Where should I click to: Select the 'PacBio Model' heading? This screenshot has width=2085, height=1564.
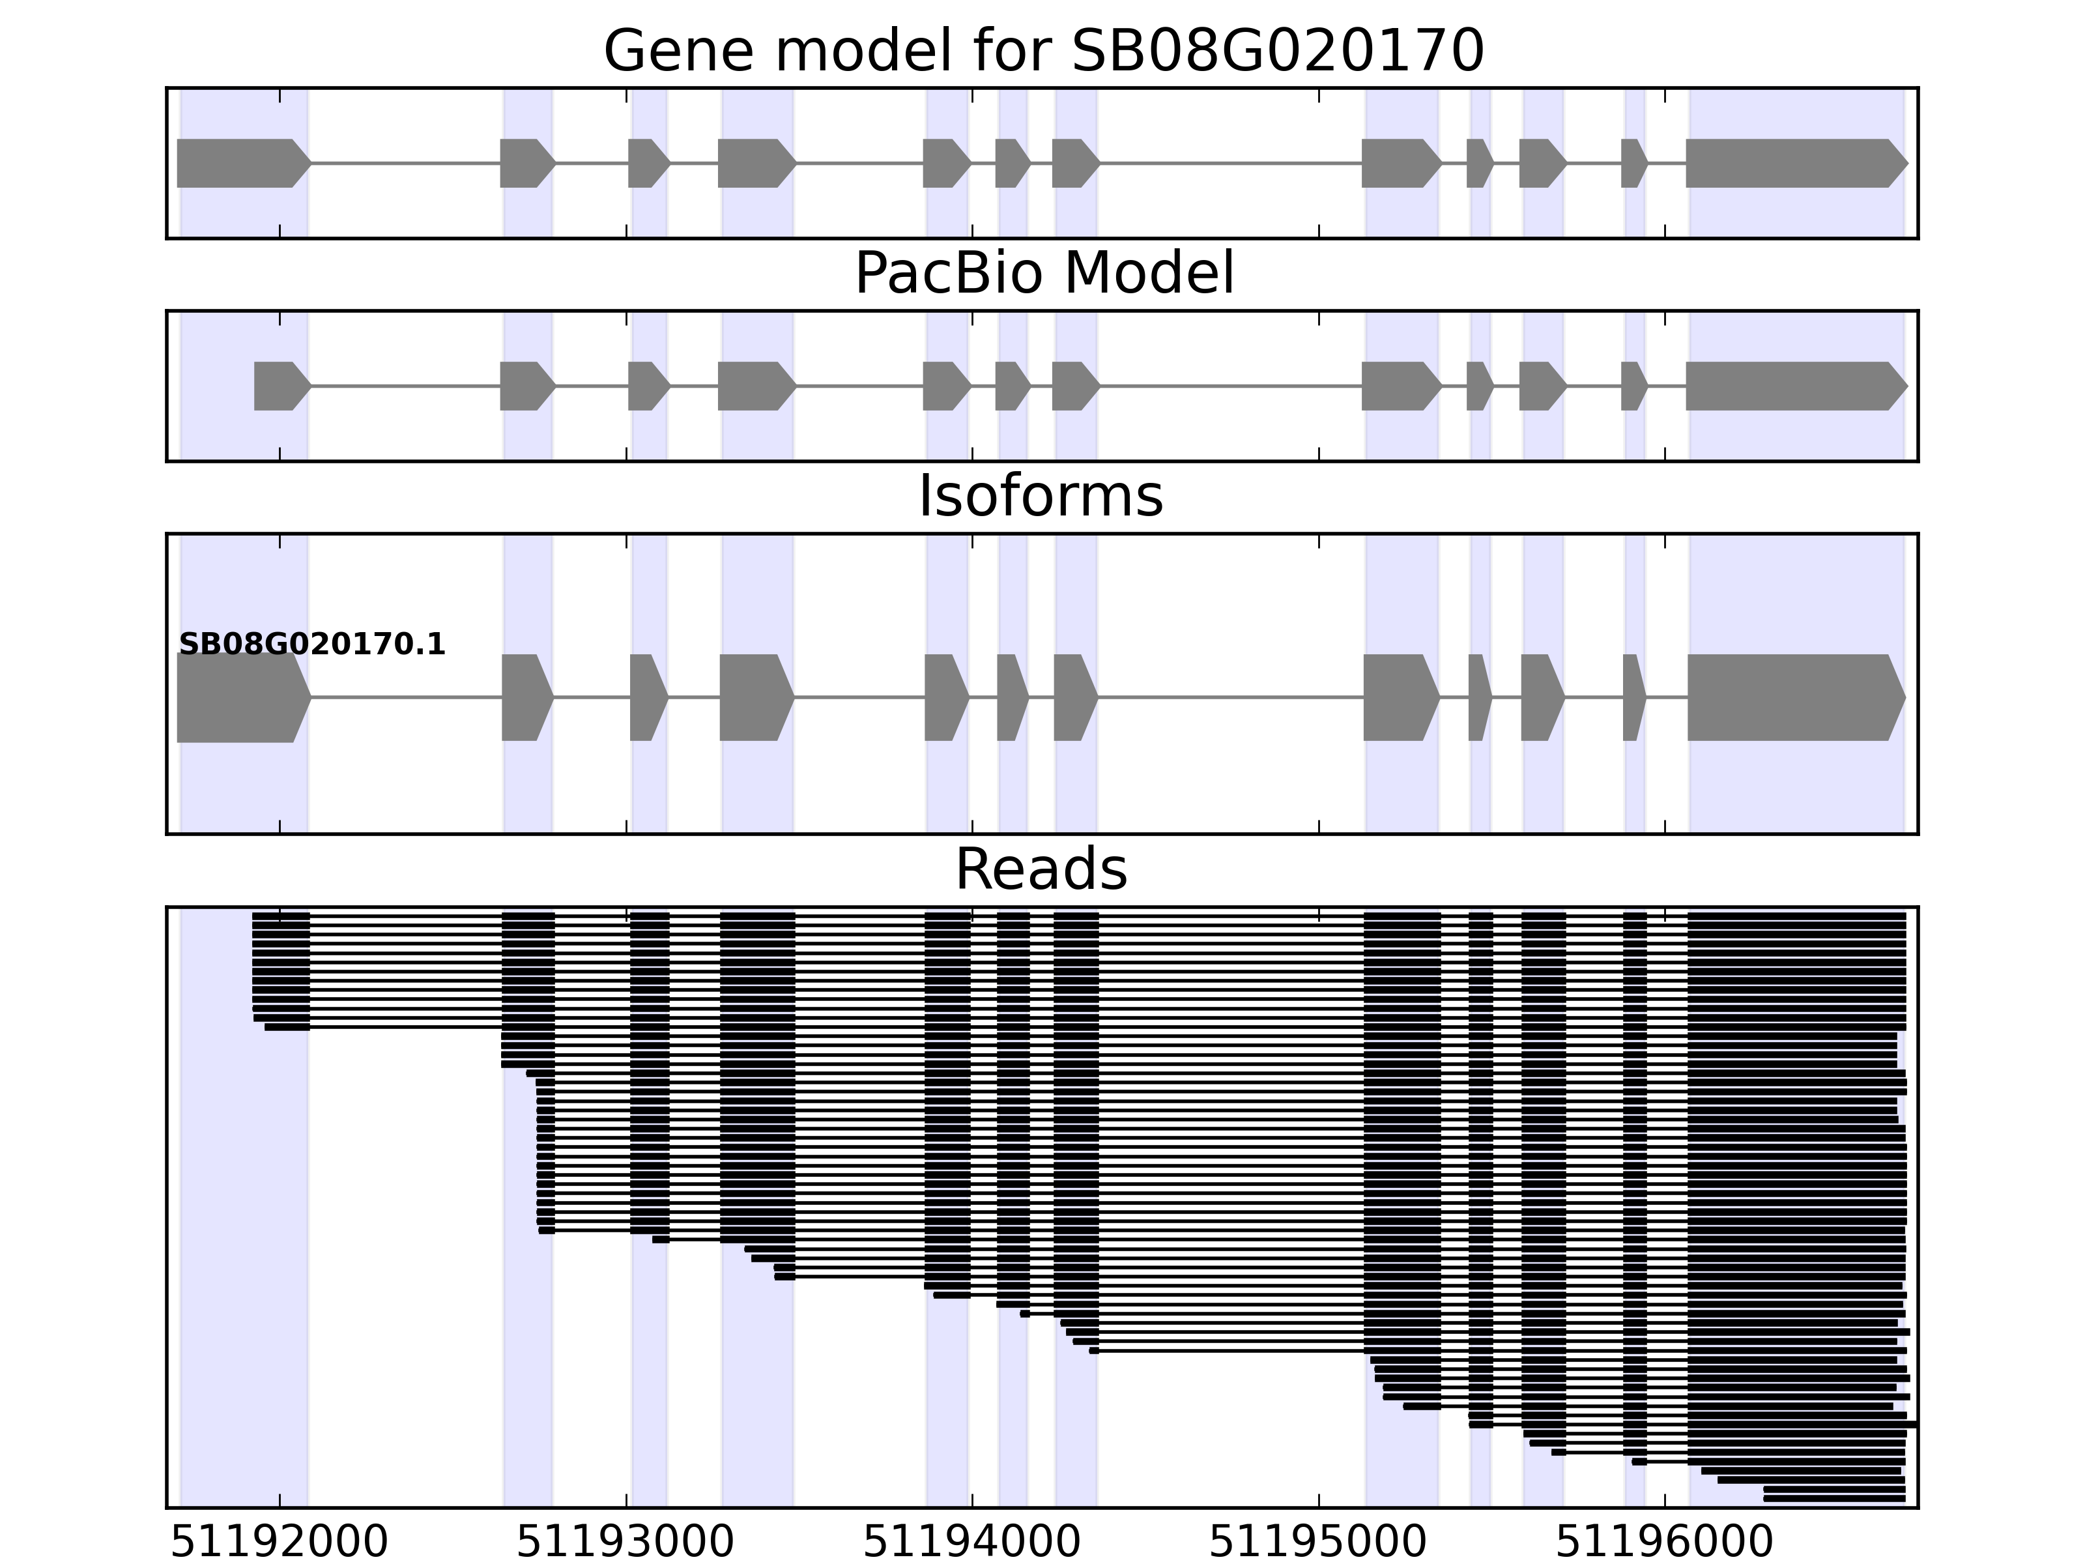(x=1042, y=274)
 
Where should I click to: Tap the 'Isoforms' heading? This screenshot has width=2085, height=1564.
(x=1041, y=496)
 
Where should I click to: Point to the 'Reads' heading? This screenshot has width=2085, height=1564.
(x=1041, y=869)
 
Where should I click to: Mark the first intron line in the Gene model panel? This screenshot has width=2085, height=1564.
(x=405, y=163)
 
